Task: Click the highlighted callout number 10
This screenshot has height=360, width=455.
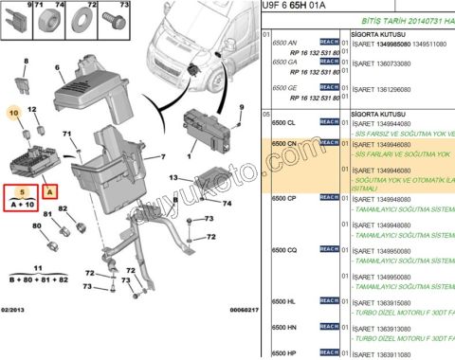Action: pyautogui.click(x=14, y=113)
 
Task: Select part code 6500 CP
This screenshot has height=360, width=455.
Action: pyautogui.click(x=284, y=198)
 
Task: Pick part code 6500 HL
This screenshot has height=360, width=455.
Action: pyautogui.click(x=284, y=300)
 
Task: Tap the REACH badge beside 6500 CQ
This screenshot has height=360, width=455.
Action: pyautogui.click(x=329, y=250)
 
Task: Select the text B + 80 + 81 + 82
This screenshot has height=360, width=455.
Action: pyautogui.click(x=38, y=280)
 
